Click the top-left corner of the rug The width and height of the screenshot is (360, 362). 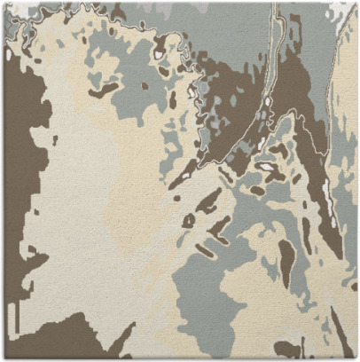pos(3,3)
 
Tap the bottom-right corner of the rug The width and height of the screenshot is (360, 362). pos(356,358)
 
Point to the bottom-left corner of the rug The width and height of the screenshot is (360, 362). pos(3,358)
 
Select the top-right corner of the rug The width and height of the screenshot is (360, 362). pos(356,3)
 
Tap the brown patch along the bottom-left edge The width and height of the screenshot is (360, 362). pos(53,342)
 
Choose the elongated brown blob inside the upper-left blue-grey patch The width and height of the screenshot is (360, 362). pos(104,89)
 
